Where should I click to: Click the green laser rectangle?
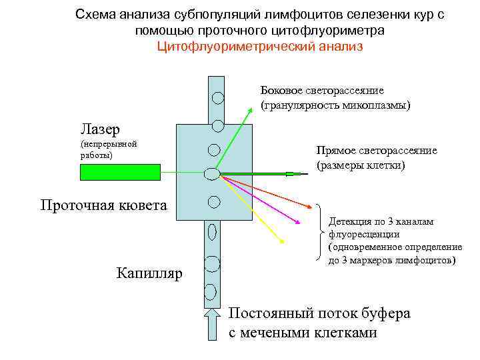pos(120,172)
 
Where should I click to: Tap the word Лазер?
pos(100,127)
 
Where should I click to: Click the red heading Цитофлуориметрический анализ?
pos(260,47)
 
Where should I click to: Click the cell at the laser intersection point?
pos(212,174)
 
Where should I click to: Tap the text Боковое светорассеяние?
pos(322,91)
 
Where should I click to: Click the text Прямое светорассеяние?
pos(377,150)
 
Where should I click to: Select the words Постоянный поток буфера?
pos(319,313)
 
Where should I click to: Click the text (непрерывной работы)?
pos(108,149)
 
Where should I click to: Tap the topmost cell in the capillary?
pos(217,97)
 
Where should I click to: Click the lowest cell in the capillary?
pos(211,291)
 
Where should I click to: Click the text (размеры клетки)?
pos(361,165)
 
